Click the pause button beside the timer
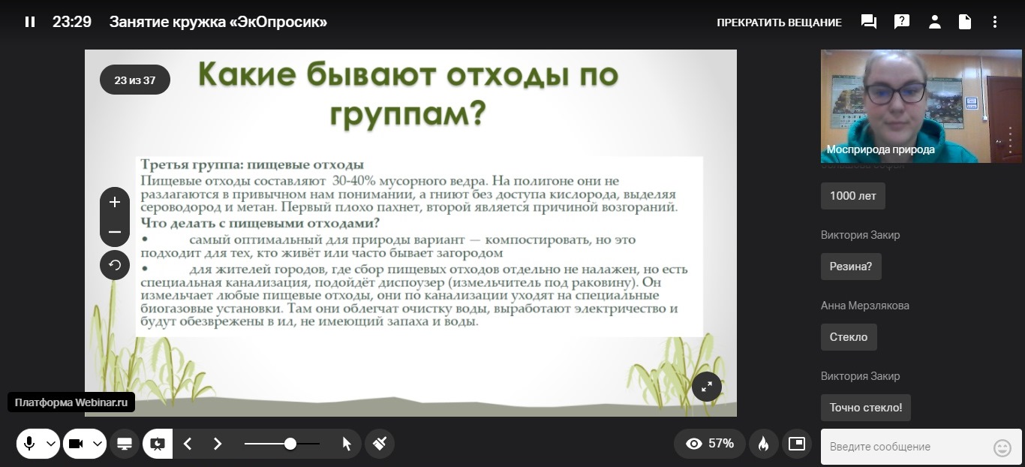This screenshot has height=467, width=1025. (30, 22)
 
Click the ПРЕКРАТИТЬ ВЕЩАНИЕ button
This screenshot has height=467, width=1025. (779, 23)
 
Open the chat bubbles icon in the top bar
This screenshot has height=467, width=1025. (868, 22)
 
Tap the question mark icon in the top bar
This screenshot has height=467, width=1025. (901, 22)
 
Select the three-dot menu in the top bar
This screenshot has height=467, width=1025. (994, 22)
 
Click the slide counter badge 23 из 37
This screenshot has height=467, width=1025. (135, 80)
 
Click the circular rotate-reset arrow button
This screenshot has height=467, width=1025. (115, 265)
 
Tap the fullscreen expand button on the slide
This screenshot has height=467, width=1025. (707, 387)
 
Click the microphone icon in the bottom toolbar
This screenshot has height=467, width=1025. (29, 443)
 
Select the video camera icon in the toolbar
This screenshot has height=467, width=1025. (76, 444)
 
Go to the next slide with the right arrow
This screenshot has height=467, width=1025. (218, 444)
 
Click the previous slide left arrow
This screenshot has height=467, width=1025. (188, 444)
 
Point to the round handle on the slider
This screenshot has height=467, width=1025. (290, 444)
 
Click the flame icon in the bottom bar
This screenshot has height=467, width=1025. (763, 444)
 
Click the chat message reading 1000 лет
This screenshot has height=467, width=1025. (853, 196)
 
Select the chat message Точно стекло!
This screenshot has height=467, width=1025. (866, 408)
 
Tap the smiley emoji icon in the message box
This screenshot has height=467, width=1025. (1002, 447)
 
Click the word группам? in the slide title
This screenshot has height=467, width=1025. (407, 114)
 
